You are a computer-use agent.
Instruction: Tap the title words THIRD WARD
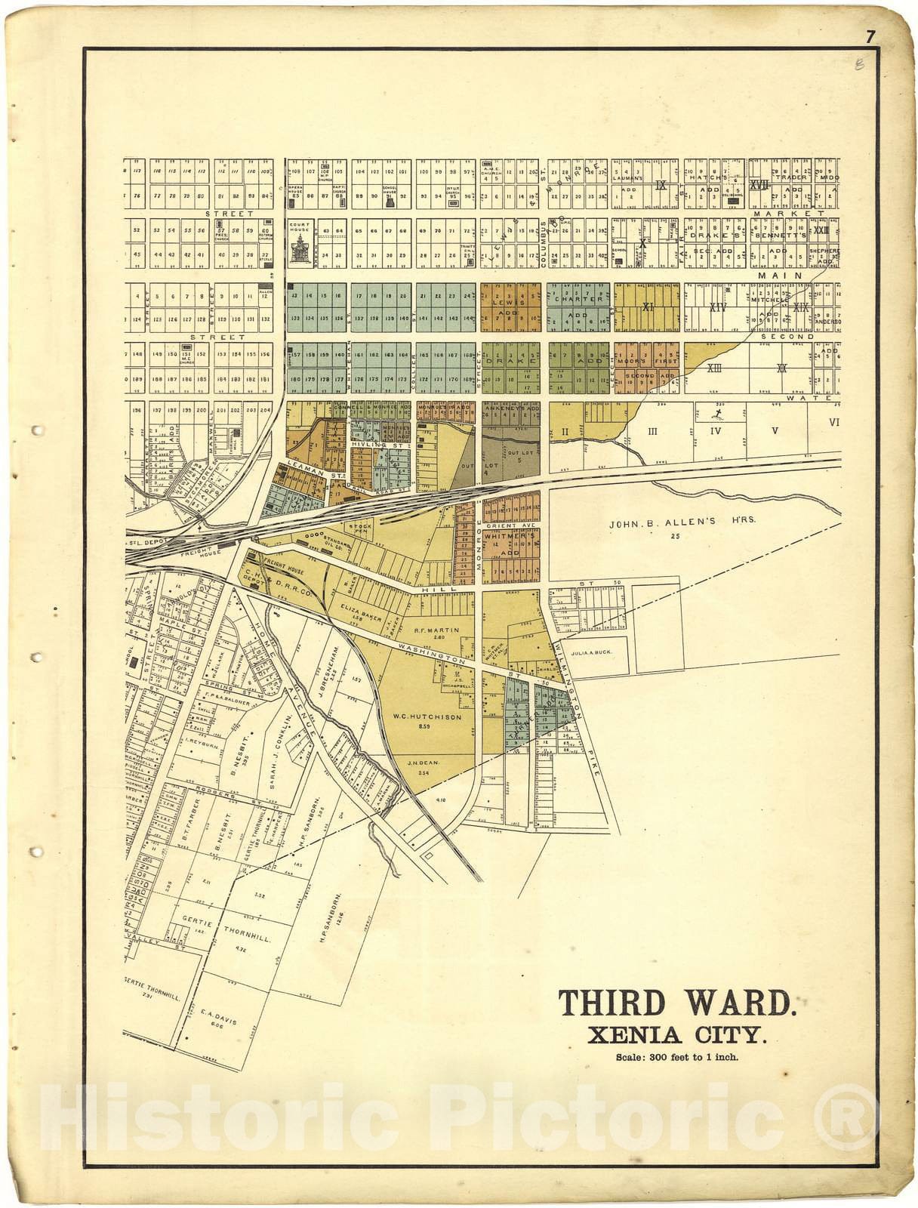click(676, 1003)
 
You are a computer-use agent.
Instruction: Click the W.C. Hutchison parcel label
click(427, 717)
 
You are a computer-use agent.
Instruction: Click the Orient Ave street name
click(510, 525)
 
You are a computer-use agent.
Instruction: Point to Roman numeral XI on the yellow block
click(647, 307)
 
